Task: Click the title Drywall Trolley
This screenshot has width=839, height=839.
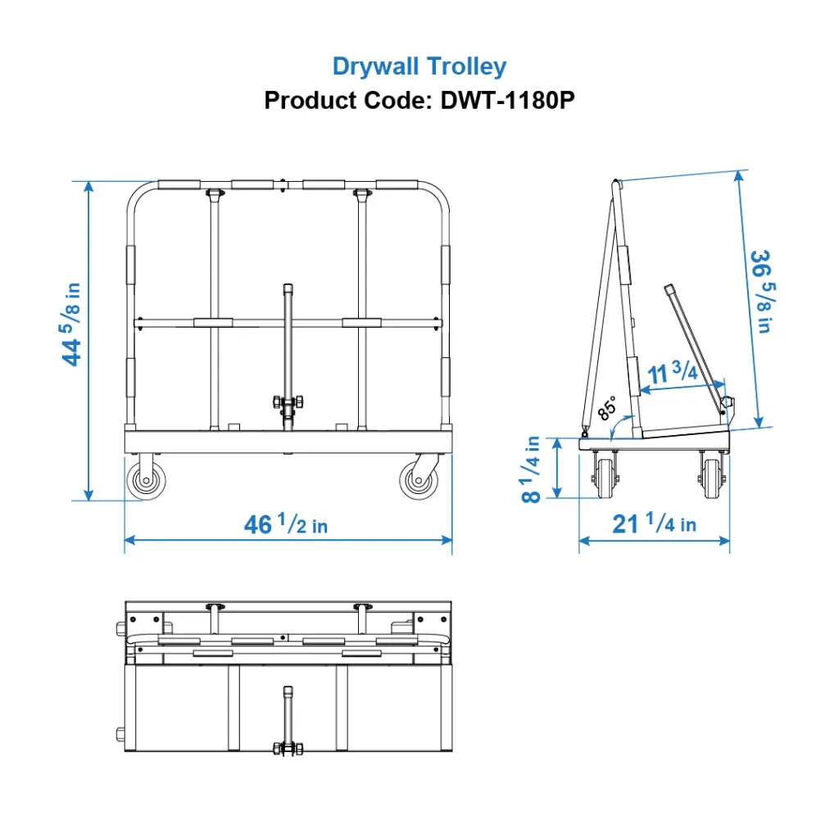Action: (x=419, y=66)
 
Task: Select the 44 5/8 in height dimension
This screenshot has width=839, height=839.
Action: (x=71, y=324)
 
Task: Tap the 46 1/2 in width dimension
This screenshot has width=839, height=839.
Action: (x=285, y=524)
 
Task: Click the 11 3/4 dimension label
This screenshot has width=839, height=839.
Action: (x=672, y=372)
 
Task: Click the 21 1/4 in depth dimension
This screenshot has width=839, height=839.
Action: (x=654, y=523)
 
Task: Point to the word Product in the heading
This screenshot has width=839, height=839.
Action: (x=303, y=101)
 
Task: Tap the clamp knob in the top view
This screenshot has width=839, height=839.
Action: (x=288, y=748)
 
